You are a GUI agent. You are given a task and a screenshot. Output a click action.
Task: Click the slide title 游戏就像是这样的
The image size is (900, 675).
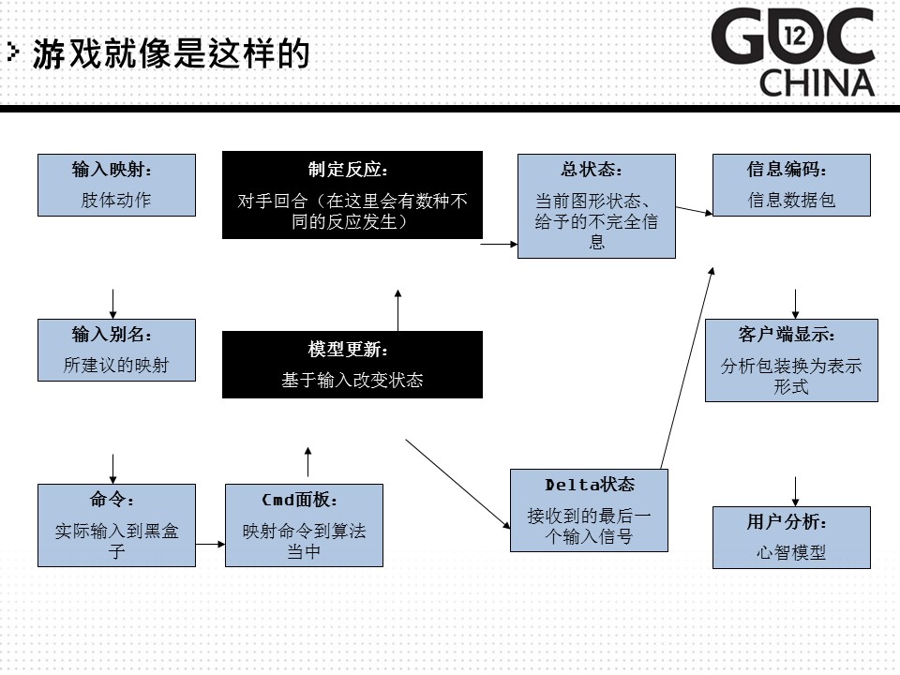[x=171, y=54]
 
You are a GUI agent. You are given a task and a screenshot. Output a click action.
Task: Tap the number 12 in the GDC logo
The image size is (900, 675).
[x=796, y=37]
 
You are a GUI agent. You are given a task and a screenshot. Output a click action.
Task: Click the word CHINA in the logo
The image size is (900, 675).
[x=817, y=83]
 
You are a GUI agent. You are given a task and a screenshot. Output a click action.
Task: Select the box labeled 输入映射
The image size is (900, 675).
[x=116, y=185]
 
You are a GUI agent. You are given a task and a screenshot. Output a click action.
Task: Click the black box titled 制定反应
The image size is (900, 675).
[x=352, y=195]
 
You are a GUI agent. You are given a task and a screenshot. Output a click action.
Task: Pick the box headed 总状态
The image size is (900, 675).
[x=596, y=206]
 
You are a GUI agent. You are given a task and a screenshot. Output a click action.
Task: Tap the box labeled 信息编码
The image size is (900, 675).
[x=791, y=185]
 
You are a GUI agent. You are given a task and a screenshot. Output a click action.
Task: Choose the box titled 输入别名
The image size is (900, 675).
[x=116, y=350]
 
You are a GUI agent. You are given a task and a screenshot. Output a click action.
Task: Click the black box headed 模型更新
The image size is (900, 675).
[x=352, y=365]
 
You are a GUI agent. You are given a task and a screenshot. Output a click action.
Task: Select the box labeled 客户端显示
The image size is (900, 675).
[x=791, y=360]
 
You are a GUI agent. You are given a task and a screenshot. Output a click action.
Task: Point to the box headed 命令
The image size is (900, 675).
[x=116, y=526]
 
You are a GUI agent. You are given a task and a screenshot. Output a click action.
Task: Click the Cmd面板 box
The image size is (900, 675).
[x=304, y=526]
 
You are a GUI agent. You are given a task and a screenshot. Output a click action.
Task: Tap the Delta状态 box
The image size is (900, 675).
[x=589, y=510]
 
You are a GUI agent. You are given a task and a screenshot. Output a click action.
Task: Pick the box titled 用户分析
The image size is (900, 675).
[x=791, y=537]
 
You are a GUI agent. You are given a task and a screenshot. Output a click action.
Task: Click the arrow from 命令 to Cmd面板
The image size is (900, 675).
[x=211, y=544]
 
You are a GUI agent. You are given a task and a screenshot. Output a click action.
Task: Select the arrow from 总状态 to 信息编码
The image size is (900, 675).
[x=695, y=211]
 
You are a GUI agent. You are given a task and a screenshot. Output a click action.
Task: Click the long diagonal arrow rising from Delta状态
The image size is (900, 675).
[x=687, y=367]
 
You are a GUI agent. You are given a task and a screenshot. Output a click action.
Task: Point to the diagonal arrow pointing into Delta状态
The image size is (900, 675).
[x=458, y=485]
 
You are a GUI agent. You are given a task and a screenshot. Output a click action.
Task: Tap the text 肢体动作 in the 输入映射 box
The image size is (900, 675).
[x=116, y=200]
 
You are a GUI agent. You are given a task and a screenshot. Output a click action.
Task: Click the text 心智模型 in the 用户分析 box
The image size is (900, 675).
[x=791, y=553]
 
